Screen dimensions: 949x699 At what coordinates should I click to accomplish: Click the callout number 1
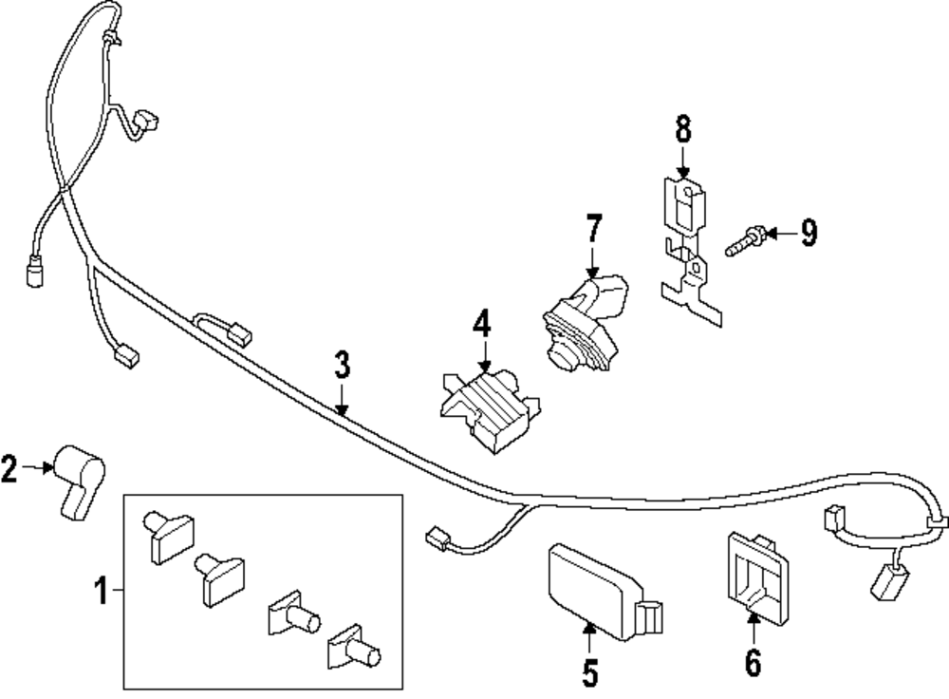[x=102, y=591]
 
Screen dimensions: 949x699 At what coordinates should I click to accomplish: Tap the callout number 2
[x=9, y=469]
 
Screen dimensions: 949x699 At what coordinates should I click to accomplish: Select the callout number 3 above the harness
[x=342, y=365]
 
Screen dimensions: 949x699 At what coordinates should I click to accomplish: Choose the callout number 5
[x=589, y=672]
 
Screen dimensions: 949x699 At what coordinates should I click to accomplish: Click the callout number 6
[x=753, y=662]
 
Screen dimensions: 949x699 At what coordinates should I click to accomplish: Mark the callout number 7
[x=594, y=228]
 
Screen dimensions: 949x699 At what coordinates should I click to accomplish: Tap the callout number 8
[x=682, y=129]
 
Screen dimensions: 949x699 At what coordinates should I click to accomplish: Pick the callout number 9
[x=809, y=233]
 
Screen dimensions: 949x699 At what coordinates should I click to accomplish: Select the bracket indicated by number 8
[x=689, y=251]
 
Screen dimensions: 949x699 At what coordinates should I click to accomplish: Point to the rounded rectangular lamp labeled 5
[x=604, y=592]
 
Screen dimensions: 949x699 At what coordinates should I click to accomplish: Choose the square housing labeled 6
[x=757, y=577]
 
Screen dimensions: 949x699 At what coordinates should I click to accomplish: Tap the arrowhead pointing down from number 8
[x=682, y=172]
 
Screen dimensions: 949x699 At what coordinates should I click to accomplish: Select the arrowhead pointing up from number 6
[x=753, y=619]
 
